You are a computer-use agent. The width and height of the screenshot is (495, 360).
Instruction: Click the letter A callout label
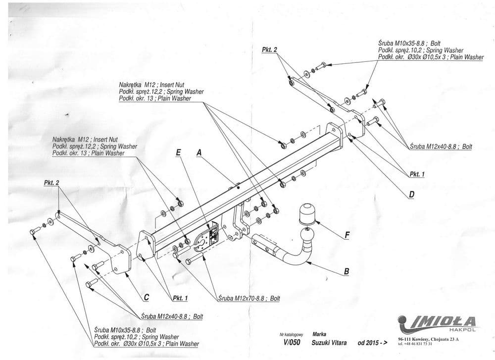pyautogui.click(x=199, y=154)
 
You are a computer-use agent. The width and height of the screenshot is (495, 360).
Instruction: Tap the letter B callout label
pyautogui.click(x=346, y=271)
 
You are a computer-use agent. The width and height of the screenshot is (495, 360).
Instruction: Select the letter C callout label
pyautogui.click(x=146, y=298)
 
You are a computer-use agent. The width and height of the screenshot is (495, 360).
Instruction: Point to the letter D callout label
pyautogui.click(x=411, y=195)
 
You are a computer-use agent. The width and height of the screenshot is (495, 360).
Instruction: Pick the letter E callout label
pyautogui.click(x=178, y=154)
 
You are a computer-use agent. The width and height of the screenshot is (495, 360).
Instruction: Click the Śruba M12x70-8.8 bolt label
pyautogui.click(x=249, y=299)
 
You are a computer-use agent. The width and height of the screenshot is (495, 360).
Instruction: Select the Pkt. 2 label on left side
pyautogui.click(x=51, y=183)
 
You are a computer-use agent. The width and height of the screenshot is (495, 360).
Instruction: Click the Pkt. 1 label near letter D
pyautogui.click(x=417, y=174)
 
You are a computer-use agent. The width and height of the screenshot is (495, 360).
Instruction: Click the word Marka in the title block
pyautogui.click(x=319, y=334)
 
